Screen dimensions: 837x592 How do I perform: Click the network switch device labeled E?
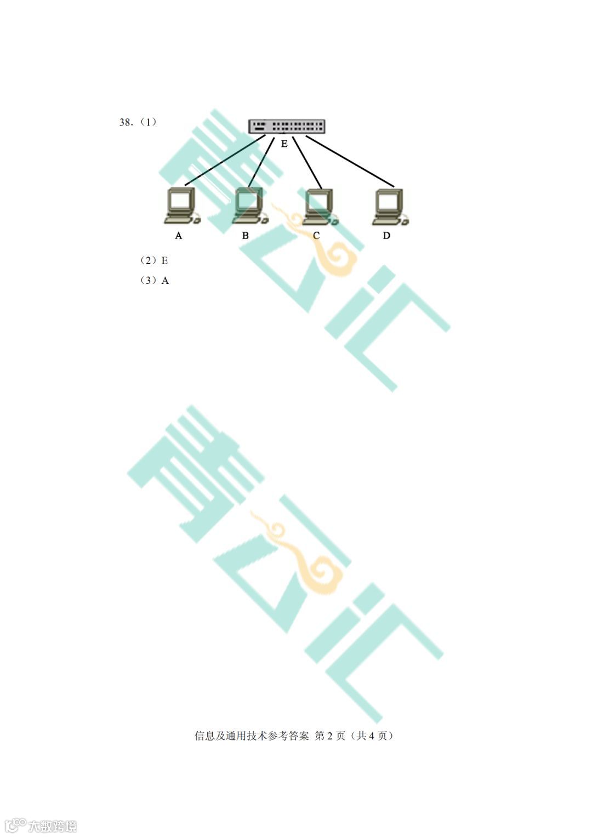point(286,127)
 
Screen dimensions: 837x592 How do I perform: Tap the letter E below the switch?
point(284,144)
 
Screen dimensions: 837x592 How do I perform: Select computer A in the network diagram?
point(181,206)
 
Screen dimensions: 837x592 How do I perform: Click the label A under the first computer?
point(178,236)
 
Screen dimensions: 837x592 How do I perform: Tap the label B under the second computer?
point(245,236)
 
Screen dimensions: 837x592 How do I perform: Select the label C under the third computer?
point(316,236)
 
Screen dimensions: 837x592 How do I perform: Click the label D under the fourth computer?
point(386,236)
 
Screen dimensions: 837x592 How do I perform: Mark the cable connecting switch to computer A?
point(225,160)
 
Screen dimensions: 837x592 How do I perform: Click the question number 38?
point(126,122)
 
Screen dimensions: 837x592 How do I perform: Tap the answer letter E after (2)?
point(164,260)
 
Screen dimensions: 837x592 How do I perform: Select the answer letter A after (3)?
point(165,281)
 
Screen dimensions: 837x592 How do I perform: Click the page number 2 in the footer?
point(329,736)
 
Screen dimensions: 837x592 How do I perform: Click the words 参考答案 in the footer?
point(288,736)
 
